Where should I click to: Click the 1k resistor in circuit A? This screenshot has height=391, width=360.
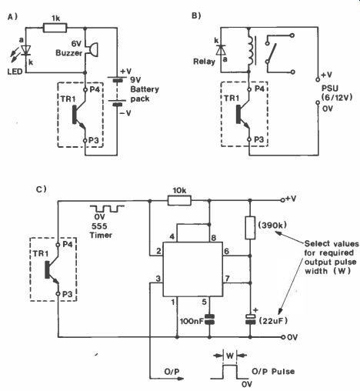[55, 28]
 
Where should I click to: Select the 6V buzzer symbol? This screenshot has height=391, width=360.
[92, 48]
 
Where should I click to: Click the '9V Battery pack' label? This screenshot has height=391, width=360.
[145, 89]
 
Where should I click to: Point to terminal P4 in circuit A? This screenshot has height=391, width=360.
[85, 90]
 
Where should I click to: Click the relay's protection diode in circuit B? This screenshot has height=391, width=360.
[221, 49]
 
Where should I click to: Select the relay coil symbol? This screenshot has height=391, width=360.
[250, 51]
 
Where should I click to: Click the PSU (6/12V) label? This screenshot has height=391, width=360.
[337, 92]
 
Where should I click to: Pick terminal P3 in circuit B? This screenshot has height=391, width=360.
[249, 139]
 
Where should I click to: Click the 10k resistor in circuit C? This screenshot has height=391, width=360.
[179, 200]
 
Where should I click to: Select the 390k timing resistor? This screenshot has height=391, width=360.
[250, 228]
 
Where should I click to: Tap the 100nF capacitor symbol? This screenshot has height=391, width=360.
[210, 319]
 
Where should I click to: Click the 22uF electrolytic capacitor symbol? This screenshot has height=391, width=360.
[250, 319]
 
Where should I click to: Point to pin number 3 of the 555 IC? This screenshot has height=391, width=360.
[158, 279]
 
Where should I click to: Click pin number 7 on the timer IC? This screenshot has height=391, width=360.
[227, 279]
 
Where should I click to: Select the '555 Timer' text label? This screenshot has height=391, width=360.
[101, 231]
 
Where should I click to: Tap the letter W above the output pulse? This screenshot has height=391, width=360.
[230, 356]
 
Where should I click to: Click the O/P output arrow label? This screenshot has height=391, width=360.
[172, 372]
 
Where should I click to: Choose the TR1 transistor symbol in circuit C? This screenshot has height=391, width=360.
[52, 270]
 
